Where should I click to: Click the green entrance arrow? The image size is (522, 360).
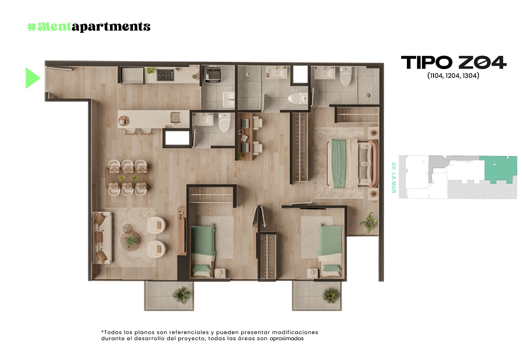click(x=32, y=78)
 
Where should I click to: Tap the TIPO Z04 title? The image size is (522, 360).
click(x=453, y=62)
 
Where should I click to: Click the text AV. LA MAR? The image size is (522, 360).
click(x=394, y=178)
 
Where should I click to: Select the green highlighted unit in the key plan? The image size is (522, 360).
click(x=495, y=168)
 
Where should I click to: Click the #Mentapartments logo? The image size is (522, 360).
click(x=88, y=26)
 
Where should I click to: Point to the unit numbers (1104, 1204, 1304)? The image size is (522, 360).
click(x=453, y=76)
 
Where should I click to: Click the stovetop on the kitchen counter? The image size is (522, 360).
click(x=165, y=75)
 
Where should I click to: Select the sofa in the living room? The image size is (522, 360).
click(x=102, y=237)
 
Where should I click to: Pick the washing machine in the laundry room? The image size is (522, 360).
click(x=213, y=74)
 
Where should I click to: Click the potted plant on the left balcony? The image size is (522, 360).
click(x=181, y=294)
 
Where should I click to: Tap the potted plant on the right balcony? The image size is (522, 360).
click(x=331, y=295)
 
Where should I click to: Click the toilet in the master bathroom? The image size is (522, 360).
click(x=346, y=76)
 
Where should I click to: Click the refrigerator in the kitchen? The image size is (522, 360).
click(x=132, y=75)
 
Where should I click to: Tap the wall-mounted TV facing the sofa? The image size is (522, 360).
click(x=182, y=231)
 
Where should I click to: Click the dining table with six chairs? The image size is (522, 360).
click(x=128, y=178)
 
